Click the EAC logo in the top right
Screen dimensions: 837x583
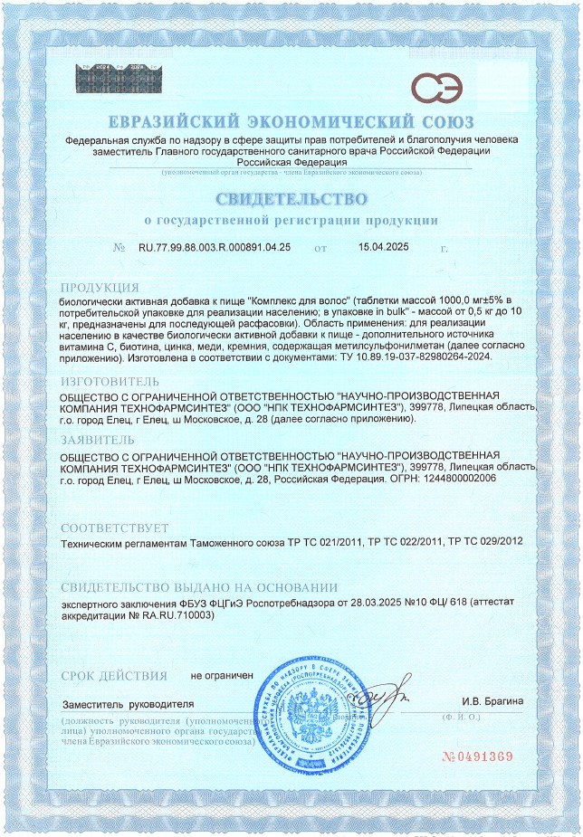[x=435, y=89]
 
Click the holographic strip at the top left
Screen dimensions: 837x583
[x=118, y=81]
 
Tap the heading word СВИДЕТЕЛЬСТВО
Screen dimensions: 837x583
[x=291, y=198]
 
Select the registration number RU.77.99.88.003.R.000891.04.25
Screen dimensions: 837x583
[x=215, y=247]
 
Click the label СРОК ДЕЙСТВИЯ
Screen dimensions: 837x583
[x=114, y=676]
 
